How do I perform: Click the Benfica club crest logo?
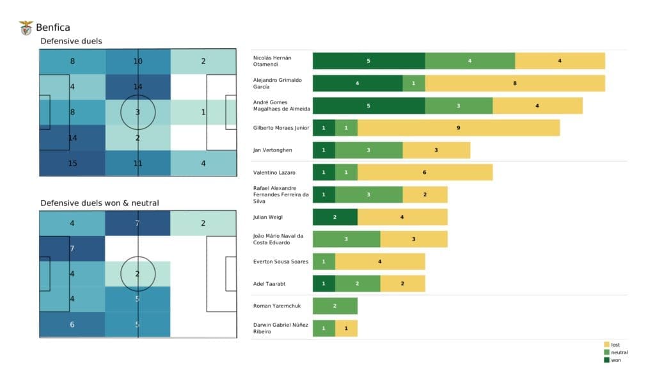[26, 27]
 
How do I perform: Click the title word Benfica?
[53, 27]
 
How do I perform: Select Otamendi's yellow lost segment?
[560, 61]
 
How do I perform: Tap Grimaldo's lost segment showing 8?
[515, 83]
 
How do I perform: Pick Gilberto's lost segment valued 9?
[459, 128]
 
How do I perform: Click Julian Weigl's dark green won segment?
[335, 217]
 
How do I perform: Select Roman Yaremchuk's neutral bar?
[335, 306]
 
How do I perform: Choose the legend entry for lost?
[615, 345]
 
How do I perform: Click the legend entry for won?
[615, 359]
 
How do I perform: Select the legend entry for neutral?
[618, 352]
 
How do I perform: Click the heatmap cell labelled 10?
[138, 61]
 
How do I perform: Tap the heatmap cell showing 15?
[72, 163]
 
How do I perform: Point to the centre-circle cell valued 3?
[138, 113]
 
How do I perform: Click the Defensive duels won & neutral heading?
[100, 203]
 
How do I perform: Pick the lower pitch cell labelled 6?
[72, 324]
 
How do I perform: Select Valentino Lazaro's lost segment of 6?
[425, 173]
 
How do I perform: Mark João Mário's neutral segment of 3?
[346, 239]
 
